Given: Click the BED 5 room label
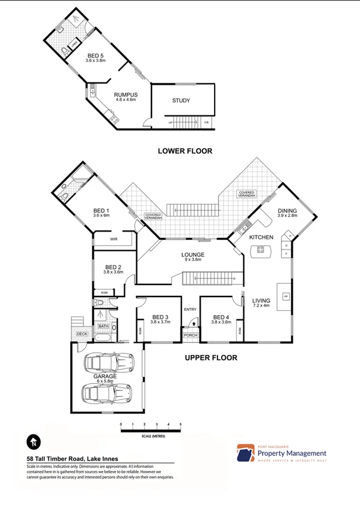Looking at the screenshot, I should click(x=96, y=55).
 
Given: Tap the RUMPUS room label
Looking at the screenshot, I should click(x=126, y=94).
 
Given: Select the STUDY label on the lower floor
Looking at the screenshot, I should click(x=181, y=101).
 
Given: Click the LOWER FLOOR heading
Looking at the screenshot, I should click(x=185, y=151).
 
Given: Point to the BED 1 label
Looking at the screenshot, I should click(x=101, y=210).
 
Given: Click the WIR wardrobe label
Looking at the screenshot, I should click(x=114, y=239).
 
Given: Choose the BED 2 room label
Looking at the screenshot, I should click(x=114, y=268).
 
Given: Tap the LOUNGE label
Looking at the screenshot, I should click(x=193, y=255).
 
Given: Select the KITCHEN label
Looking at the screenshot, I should click(x=261, y=238).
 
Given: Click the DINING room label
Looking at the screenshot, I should click(x=287, y=211).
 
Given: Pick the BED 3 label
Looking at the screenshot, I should click(x=160, y=318).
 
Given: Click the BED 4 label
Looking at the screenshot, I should click(x=221, y=318).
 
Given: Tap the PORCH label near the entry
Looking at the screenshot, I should click(x=191, y=336).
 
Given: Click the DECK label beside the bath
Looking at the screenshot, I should click(x=82, y=334).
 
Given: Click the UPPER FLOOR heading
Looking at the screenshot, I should click(x=210, y=358).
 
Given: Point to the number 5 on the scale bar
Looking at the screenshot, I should click(x=180, y=425).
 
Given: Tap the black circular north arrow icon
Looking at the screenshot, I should click(x=33, y=443).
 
